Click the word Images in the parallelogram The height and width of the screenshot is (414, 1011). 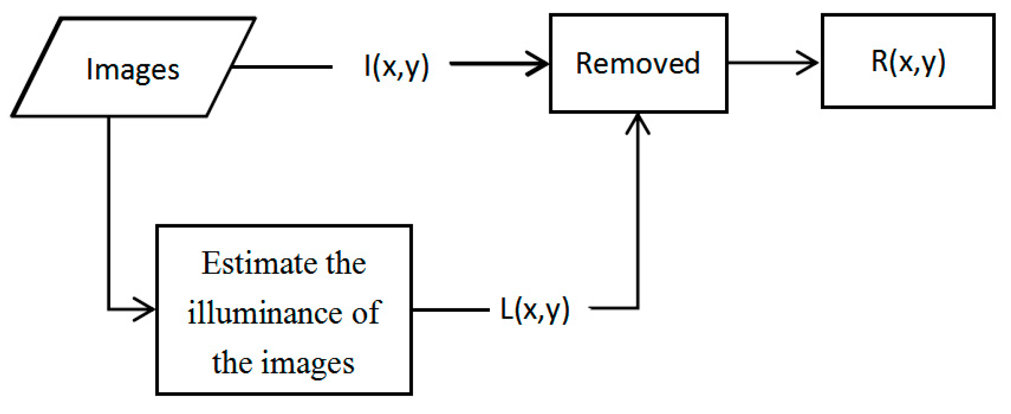[132, 70]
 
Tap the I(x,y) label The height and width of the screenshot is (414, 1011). [396, 66]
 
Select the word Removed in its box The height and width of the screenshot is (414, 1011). [638, 63]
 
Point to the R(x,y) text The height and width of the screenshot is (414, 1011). [908, 62]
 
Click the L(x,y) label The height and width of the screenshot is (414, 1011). [535, 310]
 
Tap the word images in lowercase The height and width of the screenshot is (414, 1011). [307, 363]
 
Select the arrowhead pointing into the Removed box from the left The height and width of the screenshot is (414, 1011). [540, 64]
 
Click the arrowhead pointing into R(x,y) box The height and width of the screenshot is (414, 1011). [810, 63]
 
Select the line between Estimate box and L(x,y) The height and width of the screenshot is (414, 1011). [450, 310]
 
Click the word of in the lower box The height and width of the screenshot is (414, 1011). [365, 313]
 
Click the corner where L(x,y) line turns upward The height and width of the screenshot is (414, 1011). [638, 308]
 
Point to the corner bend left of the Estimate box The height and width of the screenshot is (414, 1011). [109, 310]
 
